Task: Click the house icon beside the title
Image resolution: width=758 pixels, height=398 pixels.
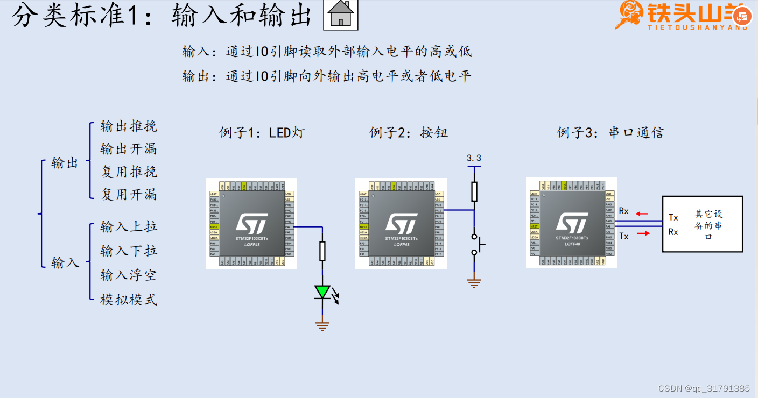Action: (x=340, y=15)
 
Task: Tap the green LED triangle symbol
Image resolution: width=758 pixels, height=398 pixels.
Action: (x=322, y=292)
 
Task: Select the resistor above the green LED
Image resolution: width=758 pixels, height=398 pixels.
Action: (x=322, y=251)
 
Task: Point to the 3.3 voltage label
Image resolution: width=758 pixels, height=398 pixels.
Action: (x=474, y=158)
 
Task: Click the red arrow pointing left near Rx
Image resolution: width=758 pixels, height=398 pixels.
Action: (x=641, y=214)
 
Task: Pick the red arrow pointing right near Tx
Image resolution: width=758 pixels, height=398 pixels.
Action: (x=643, y=233)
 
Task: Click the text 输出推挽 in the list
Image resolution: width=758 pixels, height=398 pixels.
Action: (x=129, y=126)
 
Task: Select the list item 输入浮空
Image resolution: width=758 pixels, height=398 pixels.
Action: (x=129, y=275)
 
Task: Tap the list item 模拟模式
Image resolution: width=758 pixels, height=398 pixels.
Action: (x=129, y=300)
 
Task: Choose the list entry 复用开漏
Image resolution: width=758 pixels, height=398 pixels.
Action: (x=129, y=194)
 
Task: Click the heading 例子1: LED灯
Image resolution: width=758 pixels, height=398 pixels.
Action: (x=262, y=132)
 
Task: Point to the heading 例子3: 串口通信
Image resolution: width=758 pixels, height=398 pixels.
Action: (x=610, y=132)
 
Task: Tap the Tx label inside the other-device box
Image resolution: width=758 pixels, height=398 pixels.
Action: (x=673, y=218)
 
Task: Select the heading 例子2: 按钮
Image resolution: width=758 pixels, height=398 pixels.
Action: (x=409, y=132)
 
